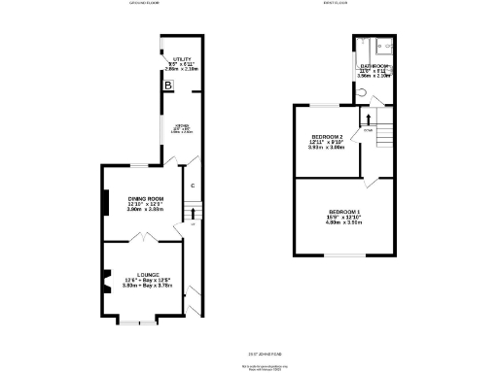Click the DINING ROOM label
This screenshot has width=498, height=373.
(x=144, y=200)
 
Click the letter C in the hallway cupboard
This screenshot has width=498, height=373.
(x=194, y=185)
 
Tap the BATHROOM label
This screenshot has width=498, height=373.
(x=374, y=66)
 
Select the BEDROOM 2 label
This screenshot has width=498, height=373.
(x=328, y=137)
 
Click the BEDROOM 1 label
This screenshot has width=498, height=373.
(x=343, y=212)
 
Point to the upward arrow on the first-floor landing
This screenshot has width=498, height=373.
(x=369, y=119)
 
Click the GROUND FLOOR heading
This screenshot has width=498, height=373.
(x=145, y=4)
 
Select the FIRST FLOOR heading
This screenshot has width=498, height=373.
(x=364, y=4)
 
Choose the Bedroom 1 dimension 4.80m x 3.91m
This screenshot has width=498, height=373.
(x=343, y=222)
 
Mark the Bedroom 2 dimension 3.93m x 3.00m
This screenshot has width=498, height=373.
(x=328, y=148)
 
